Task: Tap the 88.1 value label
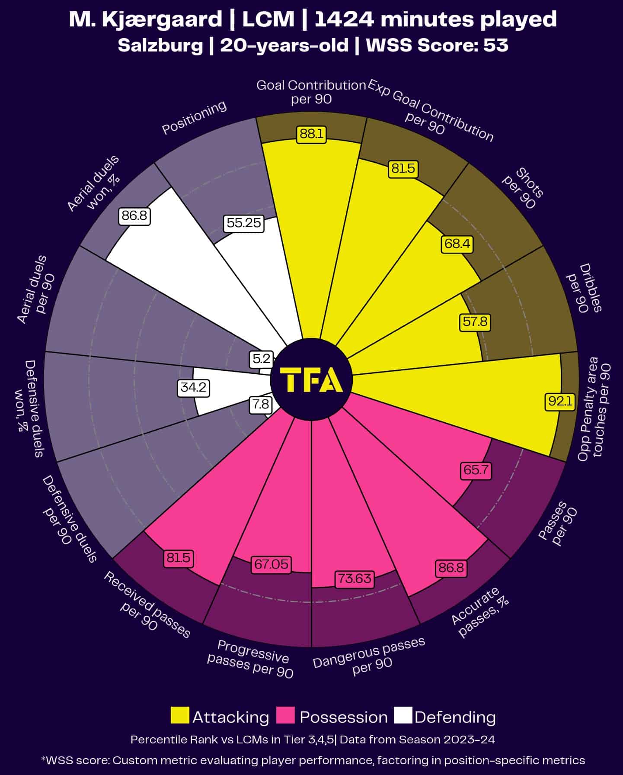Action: click(x=311, y=134)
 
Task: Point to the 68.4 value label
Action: click(x=457, y=244)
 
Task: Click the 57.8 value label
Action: click(x=475, y=322)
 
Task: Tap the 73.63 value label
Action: click(x=355, y=579)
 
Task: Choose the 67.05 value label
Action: click(x=271, y=564)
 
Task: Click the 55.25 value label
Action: click(x=244, y=223)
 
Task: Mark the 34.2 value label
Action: click(x=193, y=387)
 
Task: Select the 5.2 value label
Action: click(x=261, y=359)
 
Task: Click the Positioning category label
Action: click(x=194, y=118)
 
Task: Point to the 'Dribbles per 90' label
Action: click(x=584, y=288)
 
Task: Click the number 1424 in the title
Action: click(x=343, y=19)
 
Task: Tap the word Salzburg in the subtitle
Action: click(x=160, y=45)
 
